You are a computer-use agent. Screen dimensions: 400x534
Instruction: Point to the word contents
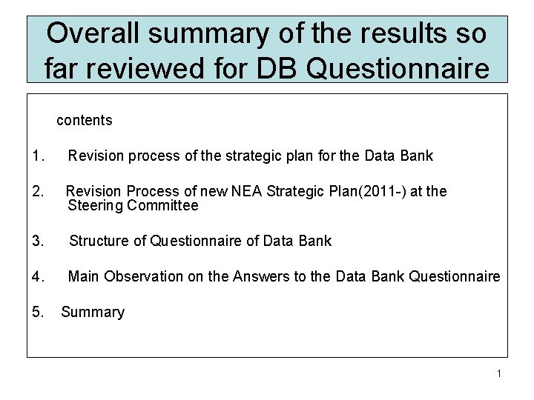coord(85,120)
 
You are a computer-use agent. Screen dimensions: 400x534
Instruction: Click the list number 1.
coord(39,156)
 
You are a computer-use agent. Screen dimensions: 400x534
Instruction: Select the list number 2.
coord(39,192)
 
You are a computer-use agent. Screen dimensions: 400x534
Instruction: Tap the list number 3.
coord(39,241)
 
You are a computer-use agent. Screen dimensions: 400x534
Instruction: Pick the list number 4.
coord(39,276)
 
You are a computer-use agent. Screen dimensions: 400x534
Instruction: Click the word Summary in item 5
coord(93,312)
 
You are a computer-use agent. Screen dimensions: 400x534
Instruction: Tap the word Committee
coord(162,206)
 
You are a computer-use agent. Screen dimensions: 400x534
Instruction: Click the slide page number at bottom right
coord(499,373)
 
